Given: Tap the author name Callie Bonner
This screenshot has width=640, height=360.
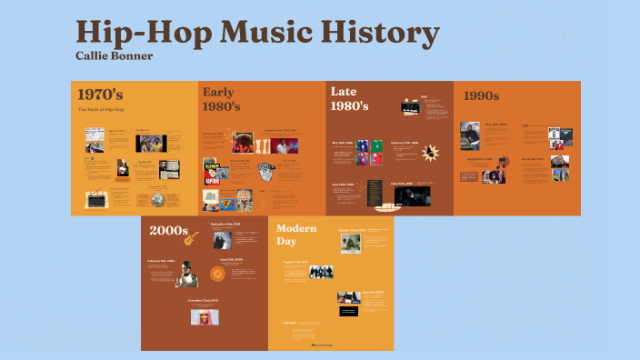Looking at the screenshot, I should pyautogui.click(x=114, y=55).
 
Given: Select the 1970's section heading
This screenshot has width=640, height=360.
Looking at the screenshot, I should pyautogui.click(x=100, y=94).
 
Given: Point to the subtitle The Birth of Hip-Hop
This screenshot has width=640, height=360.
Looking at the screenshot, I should pyautogui.click(x=101, y=109).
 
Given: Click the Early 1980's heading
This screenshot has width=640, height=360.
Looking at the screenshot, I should pyautogui.click(x=222, y=99).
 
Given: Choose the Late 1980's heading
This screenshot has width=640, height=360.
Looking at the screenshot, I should pyautogui.click(x=349, y=98).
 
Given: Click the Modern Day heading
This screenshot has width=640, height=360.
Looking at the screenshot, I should pyautogui.click(x=296, y=235).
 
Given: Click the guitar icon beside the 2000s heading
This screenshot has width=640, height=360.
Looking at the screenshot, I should pyautogui.click(x=191, y=238).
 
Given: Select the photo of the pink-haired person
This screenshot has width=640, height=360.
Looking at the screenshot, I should pyautogui.click(x=205, y=316).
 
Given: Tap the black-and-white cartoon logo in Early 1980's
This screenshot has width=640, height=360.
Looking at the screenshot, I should pyautogui.click(x=265, y=171).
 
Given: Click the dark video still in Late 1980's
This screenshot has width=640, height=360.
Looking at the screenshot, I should pyautogui.click(x=414, y=195).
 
